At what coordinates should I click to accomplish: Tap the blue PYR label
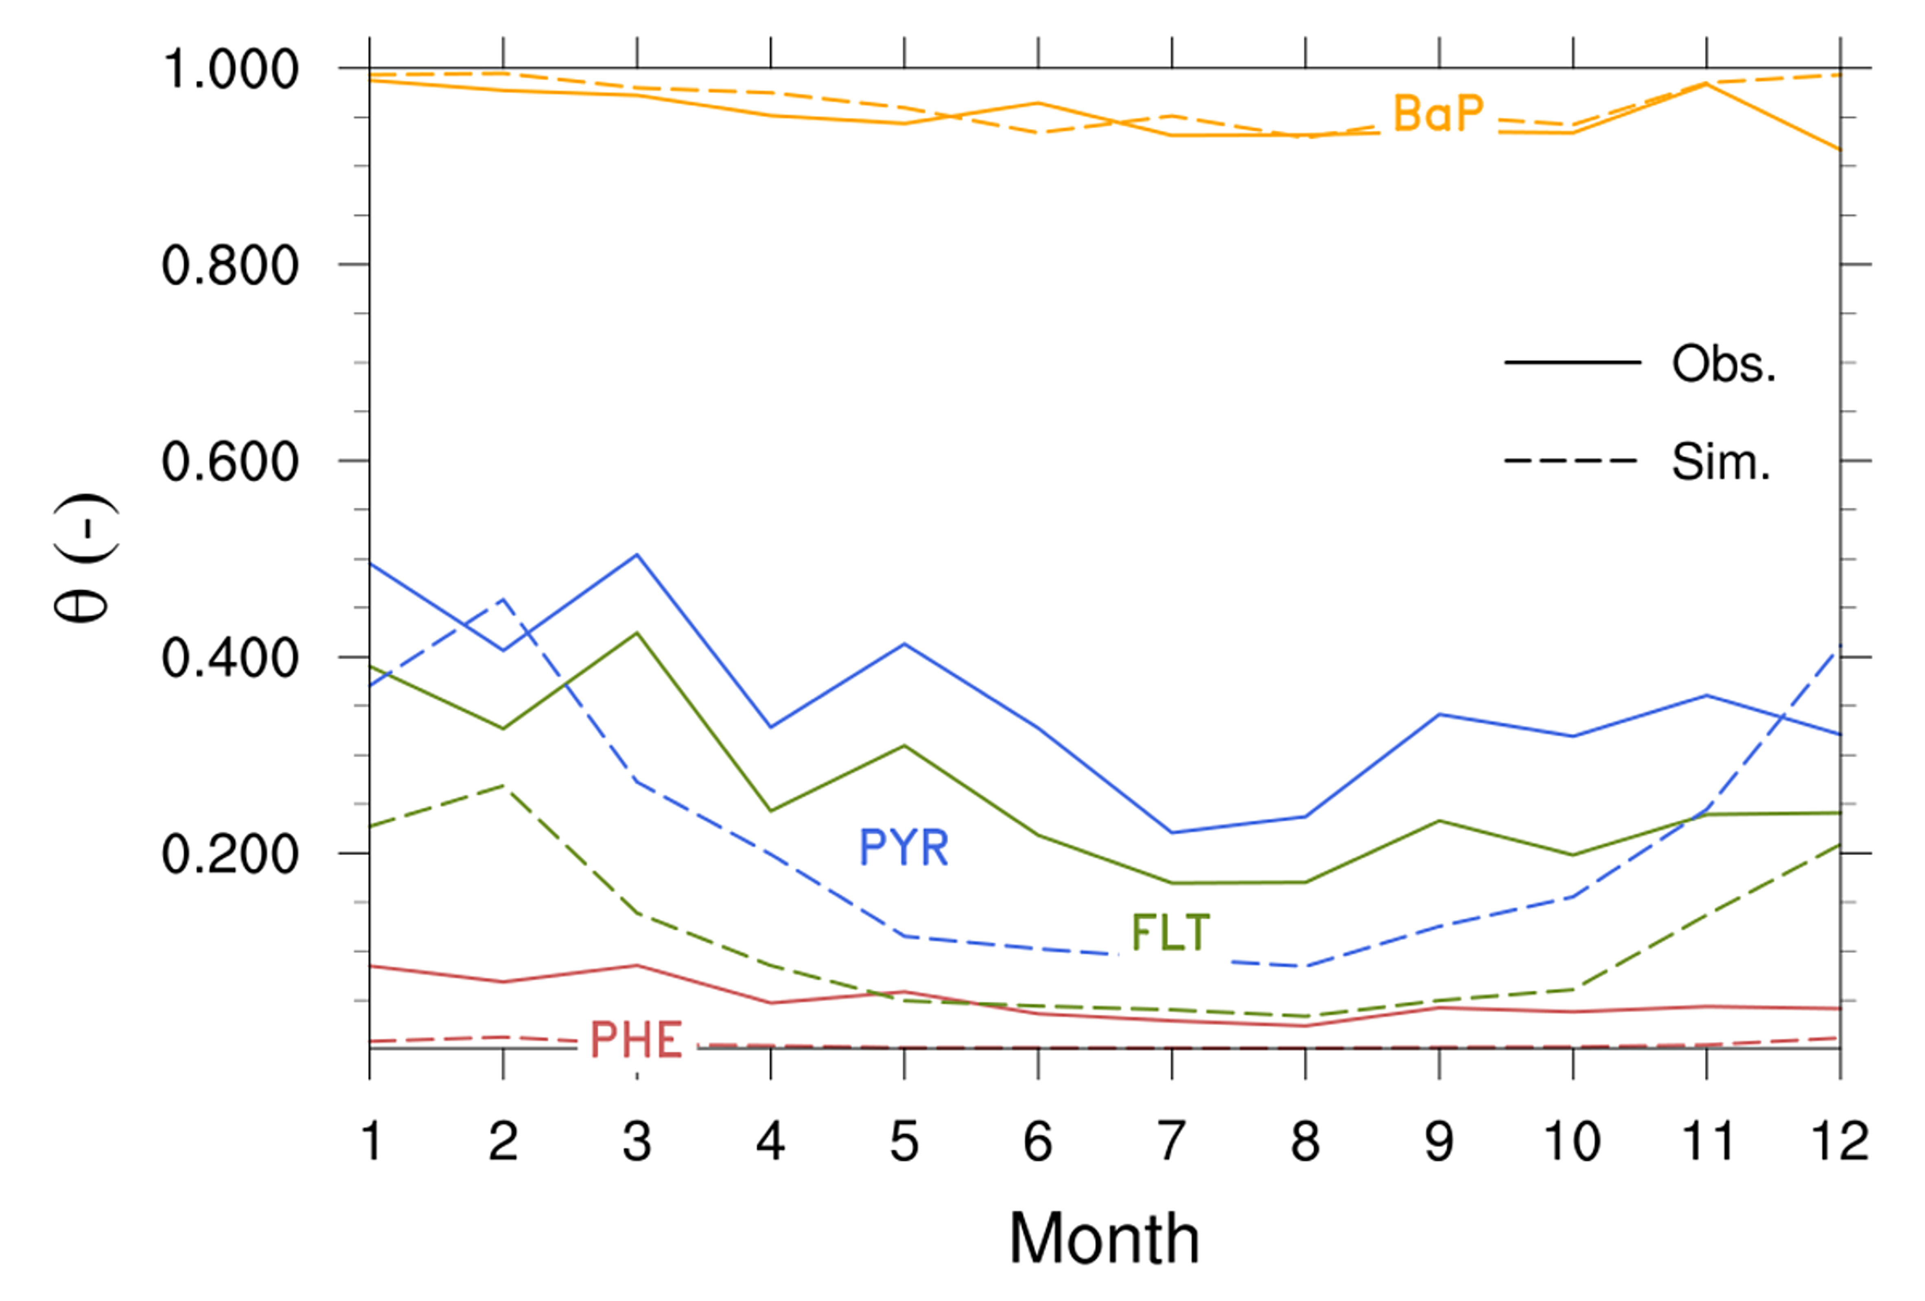pyautogui.click(x=903, y=848)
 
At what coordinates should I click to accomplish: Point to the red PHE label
pyautogui.click(x=636, y=1040)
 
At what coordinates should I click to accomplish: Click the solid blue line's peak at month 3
pyautogui.click(x=637, y=554)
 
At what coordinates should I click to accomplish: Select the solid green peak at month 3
pyautogui.click(x=637, y=633)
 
